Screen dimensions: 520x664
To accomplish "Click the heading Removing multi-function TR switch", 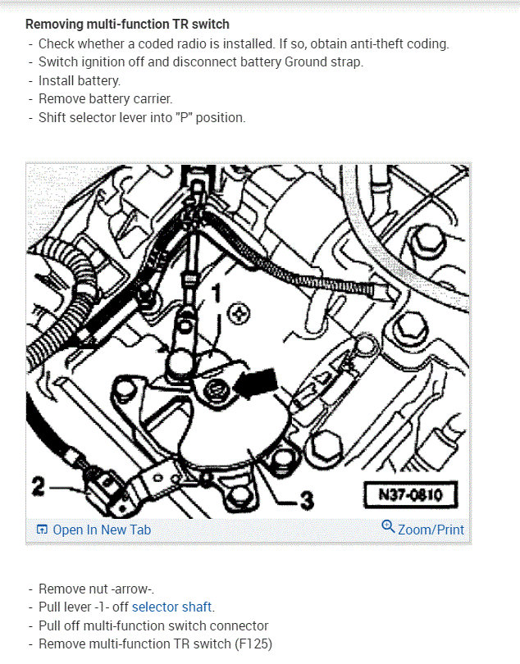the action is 127,24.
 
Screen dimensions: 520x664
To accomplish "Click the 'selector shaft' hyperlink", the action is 171,607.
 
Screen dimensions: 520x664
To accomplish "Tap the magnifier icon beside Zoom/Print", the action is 388,526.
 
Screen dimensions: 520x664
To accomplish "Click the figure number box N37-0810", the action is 411,494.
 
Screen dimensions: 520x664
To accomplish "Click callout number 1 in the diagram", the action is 217,293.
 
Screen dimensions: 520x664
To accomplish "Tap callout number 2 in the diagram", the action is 39,486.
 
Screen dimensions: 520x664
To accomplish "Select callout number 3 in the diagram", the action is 307,500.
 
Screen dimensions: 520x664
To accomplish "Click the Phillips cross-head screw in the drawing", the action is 239,314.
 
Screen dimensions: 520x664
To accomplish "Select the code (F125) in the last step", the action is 253,644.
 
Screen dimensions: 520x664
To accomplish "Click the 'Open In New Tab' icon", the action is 42,530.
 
